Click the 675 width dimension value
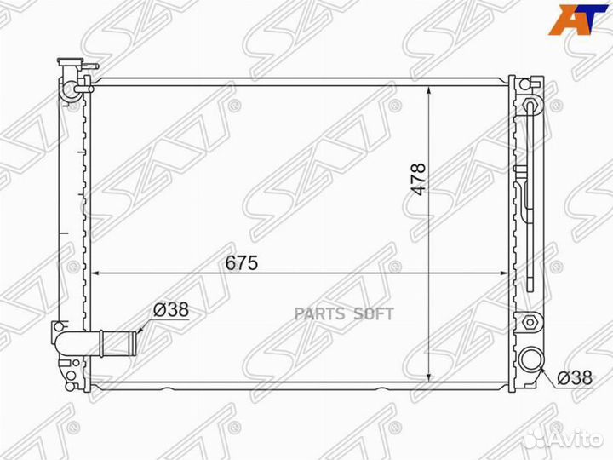(x=242, y=262)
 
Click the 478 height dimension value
(x=418, y=179)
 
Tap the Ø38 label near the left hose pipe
(x=171, y=309)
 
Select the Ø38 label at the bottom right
(x=575, y=378)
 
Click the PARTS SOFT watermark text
(x=344, y=313)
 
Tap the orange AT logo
(x=579, y=20)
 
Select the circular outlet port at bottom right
(x=531, y=359)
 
